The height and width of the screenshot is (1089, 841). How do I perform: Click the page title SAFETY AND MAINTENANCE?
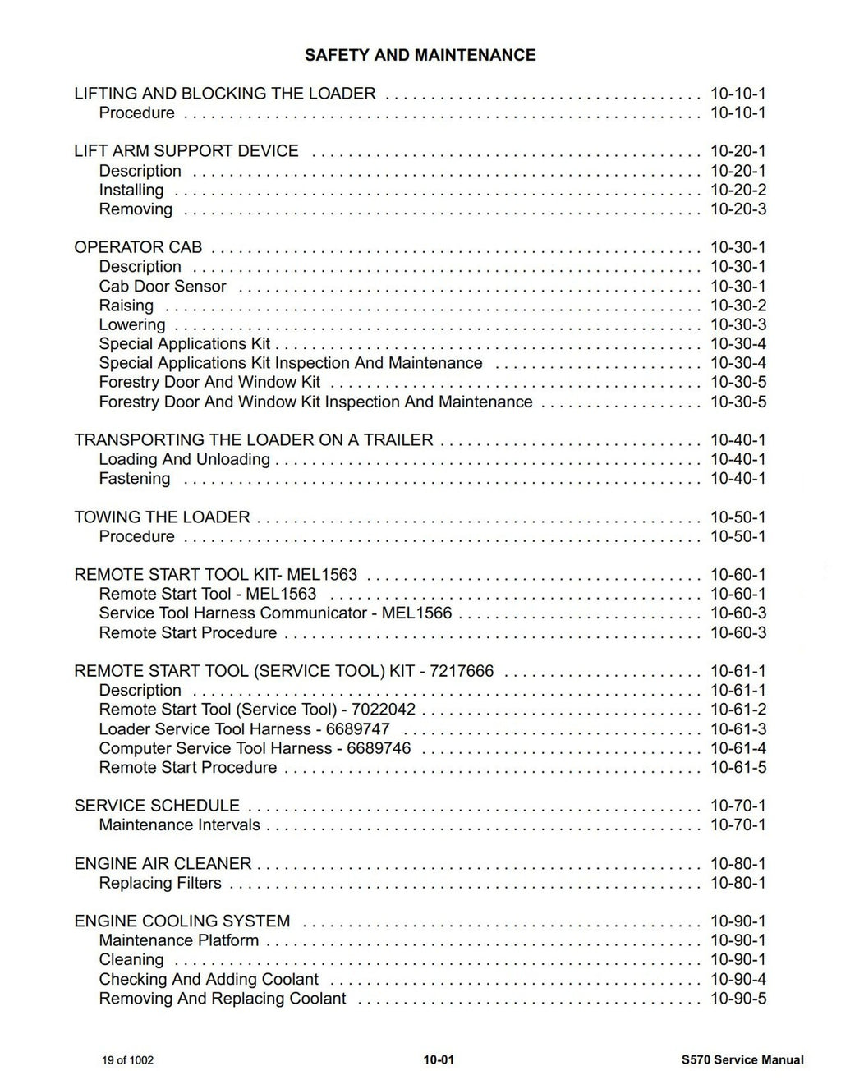tap(420, 55)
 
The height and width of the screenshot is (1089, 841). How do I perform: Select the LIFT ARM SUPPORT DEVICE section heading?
tap(186, 151)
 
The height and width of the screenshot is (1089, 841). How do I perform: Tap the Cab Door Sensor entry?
tap(163, 287)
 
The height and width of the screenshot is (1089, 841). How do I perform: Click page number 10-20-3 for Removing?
tap(738, 209)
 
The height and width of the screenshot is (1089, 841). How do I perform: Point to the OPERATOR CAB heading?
tap(138, 247)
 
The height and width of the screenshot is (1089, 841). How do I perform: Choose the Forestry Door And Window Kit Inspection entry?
tap(315, 402)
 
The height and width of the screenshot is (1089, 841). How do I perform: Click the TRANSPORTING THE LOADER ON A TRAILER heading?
tap(253, 440)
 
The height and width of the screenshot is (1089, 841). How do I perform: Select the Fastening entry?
tap(135, 479)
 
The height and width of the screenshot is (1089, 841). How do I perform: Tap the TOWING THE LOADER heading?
tap(162, 517)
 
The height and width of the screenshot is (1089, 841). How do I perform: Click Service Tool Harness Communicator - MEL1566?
tap(275, 613)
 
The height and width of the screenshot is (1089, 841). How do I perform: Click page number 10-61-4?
tap(738, 749)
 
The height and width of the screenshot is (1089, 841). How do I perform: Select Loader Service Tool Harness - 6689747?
tap(244, 729)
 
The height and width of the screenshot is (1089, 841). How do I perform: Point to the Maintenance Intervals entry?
tap(179, 825)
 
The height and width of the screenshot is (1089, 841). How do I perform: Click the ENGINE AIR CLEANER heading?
tap(163, 864)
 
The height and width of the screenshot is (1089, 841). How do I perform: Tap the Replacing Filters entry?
tap(160, 884)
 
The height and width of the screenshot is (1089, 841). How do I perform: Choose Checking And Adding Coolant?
tap(209, 980)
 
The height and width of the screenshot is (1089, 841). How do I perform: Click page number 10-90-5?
tap(738, 999)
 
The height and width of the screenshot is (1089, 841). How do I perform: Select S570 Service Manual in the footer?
tap(737, 1060)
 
